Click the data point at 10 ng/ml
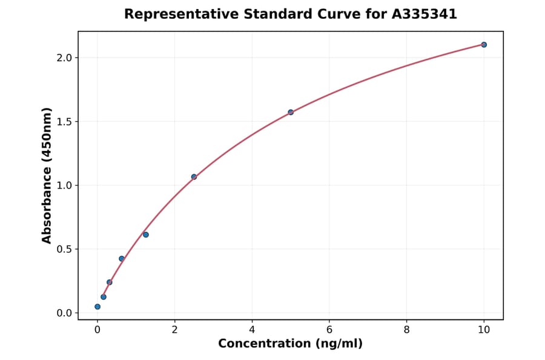[x=484, y=45]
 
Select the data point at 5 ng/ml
[x=291, y=112]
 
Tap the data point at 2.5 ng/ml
[x=194, y=177]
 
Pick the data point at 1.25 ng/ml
[x=146, y=235]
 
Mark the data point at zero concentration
[x=97, y=307]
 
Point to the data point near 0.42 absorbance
[x=122, y=259]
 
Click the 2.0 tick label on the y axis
[x=64, y=58]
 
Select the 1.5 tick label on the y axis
[x=64, y=122]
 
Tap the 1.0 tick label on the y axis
[x=64, y=185]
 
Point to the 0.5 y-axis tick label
[x=64, y=249]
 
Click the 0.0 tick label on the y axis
[x=64, y=313]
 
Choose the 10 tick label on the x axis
[x=484, y=330]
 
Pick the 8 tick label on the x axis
[x=406, y=330]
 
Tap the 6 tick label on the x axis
[x=329, y=330]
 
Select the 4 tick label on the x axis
[x=252, y=330]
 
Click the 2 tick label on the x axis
[x=174, y=330]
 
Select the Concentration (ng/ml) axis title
[x=291, y=344]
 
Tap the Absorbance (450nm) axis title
[x=47, y=176]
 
